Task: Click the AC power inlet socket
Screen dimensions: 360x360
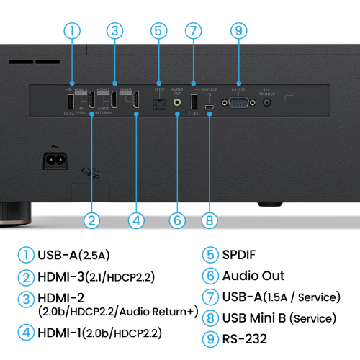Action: pos(55,158)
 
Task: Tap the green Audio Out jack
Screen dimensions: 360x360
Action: pos(177,103)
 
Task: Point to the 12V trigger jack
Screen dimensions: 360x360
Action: pos(268,103)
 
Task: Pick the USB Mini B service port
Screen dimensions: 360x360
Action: pos(208,108)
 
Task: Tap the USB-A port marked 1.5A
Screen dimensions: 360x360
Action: pos(193,102)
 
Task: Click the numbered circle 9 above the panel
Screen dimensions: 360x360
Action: pos(239,31)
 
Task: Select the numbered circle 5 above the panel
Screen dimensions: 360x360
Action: pos(159,31)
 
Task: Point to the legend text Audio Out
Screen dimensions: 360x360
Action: pos(253,276)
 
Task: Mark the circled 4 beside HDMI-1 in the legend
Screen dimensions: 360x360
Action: pos(27,333)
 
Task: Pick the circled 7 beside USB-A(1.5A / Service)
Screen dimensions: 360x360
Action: pos(210,297)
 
